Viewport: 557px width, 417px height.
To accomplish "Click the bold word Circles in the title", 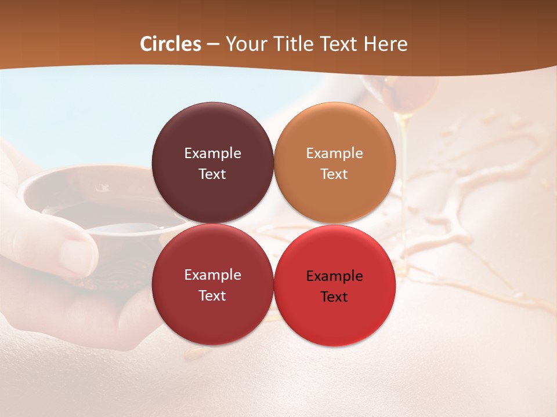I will (x=171, y=44).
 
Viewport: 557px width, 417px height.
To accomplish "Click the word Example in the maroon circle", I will (x=212, y=153).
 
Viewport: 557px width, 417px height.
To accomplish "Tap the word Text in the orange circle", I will (x=334, y=174).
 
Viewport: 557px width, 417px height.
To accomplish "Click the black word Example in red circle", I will (x=334, y=276).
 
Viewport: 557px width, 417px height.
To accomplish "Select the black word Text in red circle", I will (x=334, y=297).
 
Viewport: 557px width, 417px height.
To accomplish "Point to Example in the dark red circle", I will (x=212, y=275).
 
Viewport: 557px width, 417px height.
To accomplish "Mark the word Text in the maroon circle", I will (x=212, y=174).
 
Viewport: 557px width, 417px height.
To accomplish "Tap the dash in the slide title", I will (x=213, y=45).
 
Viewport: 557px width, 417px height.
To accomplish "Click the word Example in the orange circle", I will (x=334, y=153).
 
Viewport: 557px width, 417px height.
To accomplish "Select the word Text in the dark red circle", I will (x=212, y=296).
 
